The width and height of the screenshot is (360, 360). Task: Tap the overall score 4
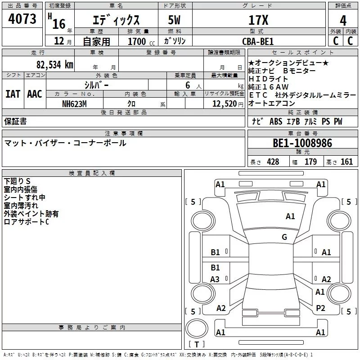point(343,20)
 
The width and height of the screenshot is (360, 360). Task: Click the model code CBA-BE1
point(258,41)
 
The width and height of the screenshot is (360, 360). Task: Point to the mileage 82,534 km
point(55,65)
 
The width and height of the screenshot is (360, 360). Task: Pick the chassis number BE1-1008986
point(302,144)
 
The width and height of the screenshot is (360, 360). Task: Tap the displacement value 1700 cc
point(139,41)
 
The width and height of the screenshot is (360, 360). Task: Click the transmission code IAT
point(13,94)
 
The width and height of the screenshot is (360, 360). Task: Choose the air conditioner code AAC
point(34,94)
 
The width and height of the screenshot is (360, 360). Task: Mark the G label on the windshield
point(284,237)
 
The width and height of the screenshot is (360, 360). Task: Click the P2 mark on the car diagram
point(320,308)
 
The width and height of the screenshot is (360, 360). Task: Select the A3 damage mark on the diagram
point(215,279)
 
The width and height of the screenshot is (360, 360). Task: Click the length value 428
point(273,162)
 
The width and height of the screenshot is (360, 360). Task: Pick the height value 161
point(347,162)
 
